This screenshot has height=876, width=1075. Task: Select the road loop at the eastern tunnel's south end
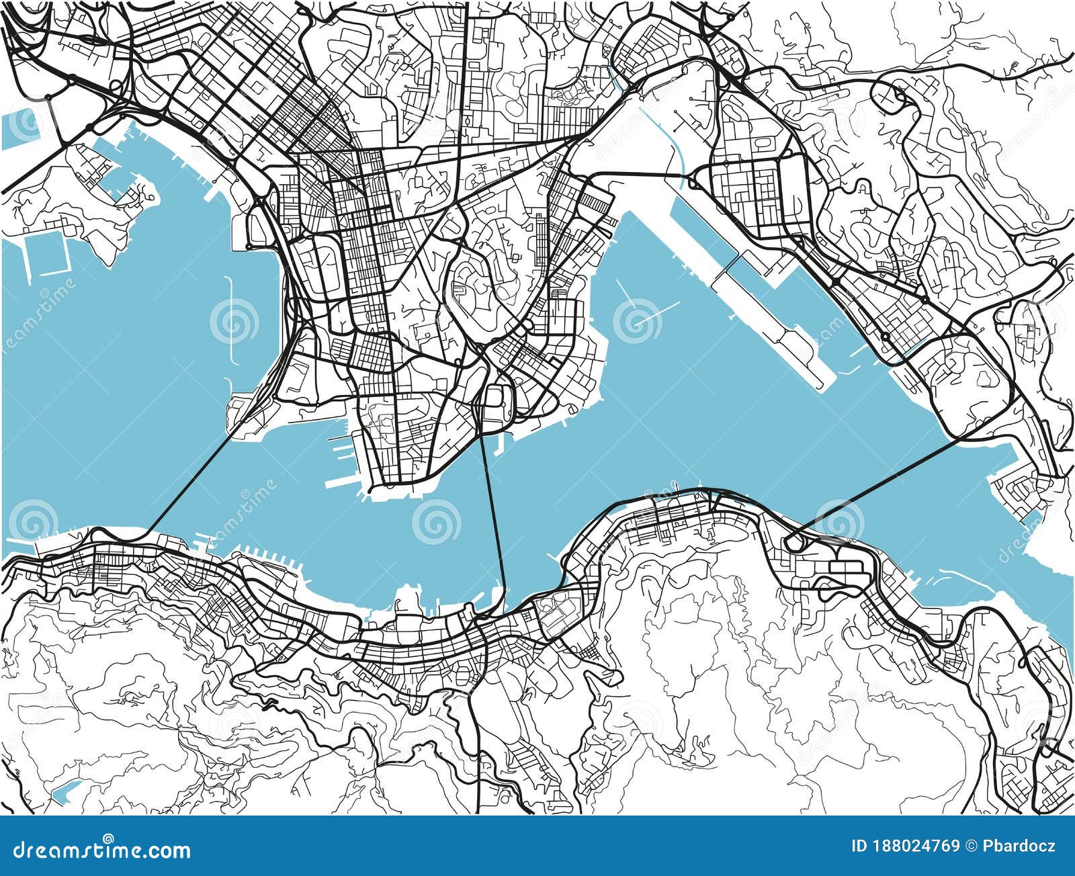pos(793,537)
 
